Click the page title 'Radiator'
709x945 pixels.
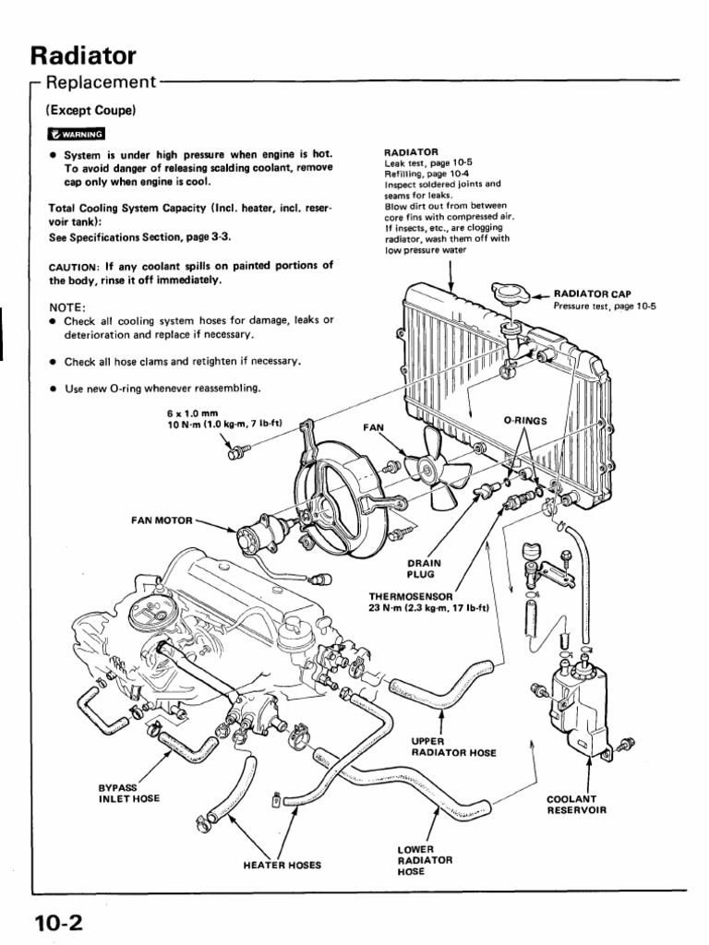click(84, 54)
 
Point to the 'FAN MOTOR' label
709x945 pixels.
click(163, 520)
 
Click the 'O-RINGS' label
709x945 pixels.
click(525, 420)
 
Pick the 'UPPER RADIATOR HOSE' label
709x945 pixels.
click(453, 747)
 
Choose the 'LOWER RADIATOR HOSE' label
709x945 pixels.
click(425, 859)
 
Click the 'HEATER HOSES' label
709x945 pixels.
click(282, 865)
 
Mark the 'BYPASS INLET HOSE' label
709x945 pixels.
click(129, 793)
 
